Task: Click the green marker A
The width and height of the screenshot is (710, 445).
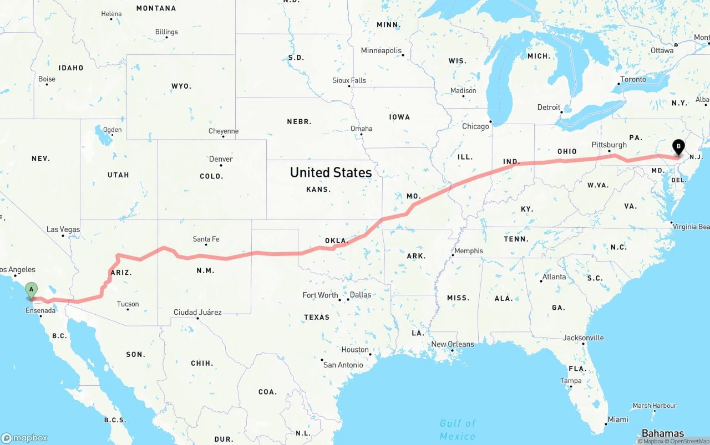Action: coord(32,289)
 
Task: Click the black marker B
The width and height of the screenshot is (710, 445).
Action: coord(678,147)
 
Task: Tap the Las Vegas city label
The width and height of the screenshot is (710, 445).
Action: coord(63,229)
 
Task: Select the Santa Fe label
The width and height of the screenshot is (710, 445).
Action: coord(206,239)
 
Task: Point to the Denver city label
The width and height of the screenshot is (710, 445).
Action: coord(221,159)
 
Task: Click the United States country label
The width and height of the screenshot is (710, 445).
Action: coord(331,172)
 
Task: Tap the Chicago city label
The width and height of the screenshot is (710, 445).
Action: coord(475,126)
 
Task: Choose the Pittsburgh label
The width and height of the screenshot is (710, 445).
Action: coord(609,145)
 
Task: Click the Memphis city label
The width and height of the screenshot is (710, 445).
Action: coord(469,251)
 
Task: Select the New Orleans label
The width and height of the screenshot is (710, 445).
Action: coord(453,344)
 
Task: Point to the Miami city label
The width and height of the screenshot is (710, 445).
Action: coord(618,420)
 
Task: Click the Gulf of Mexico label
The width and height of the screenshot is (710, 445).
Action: coord(458,429)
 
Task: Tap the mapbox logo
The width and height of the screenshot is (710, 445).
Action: coord(25,438)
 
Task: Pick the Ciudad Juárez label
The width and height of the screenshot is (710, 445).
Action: coord(197,313)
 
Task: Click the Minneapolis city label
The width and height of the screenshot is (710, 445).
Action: coord(381,51)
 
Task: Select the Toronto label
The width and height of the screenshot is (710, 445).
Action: coord(633,79)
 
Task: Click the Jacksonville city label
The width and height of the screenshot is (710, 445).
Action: coord(584,338)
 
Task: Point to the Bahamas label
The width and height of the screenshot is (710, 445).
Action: coord(663,433)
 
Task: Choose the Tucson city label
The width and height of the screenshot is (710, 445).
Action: coord(128,304)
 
